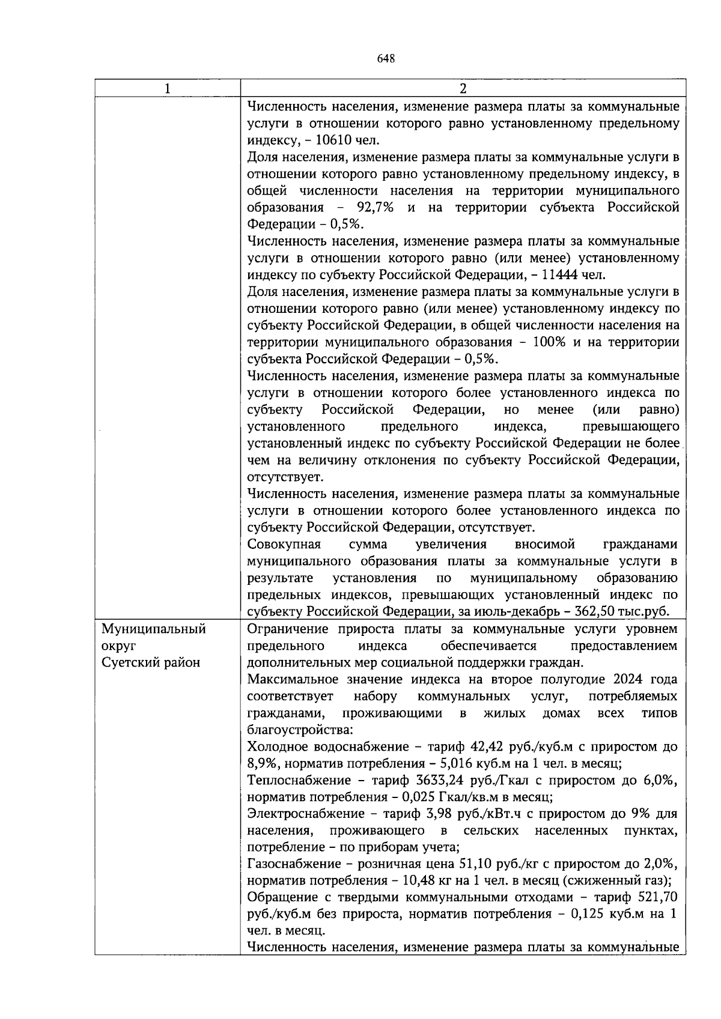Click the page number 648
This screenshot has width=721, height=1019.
point(385,58)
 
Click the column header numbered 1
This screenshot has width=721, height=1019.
point(167,89)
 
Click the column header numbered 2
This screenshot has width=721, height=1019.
point(463,89)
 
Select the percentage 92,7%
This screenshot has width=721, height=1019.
point(374,208)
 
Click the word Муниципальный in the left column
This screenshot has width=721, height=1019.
point(153,629)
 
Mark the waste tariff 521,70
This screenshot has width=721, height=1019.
point(657,898)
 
